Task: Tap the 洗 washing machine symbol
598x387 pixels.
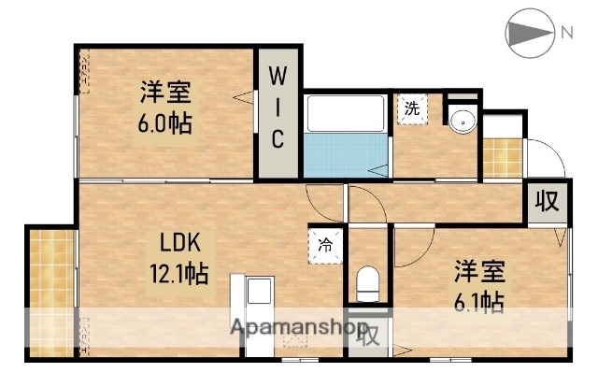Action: point(412,108)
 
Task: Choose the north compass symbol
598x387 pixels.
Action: point(530,35)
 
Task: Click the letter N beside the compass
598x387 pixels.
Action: point(566,34)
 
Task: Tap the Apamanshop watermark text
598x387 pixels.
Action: point(298,329)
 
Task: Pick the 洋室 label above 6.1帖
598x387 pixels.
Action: point(480,273)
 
